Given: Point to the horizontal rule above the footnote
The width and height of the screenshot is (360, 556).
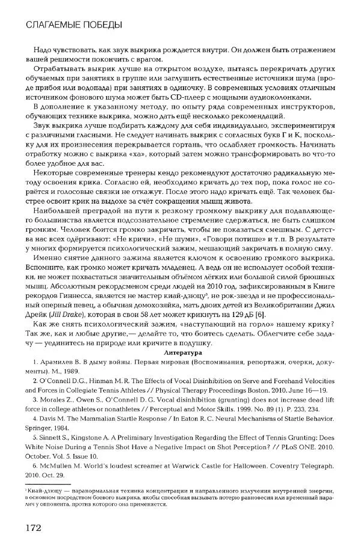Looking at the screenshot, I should pyautogui.click(x=48, y=484).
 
